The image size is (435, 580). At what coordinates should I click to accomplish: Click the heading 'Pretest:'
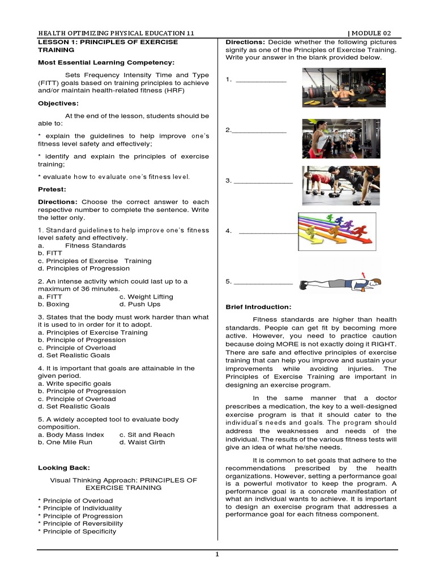pyautogui.click(x=52, y=189)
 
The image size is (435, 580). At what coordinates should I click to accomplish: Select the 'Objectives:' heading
pyautogui.click(x=58, y=103)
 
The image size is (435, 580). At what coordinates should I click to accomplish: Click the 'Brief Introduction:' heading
pyautogui.click(x=258, y=307)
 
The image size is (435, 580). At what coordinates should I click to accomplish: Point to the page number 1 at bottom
pyautogui.click(x=217, y=555)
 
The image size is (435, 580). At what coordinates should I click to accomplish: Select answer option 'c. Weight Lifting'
pyautogui.click(x=146, y=296)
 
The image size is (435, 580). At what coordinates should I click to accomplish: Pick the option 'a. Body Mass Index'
pyautogui.click(x=71, y=434)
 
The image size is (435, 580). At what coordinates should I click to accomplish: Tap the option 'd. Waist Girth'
pyautogui.click(x=142, y=442)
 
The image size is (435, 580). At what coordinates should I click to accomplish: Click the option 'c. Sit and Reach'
pyautogui.click(x=147, y=434)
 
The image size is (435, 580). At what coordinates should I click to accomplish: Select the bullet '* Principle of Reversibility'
pyautogui.click(x=80, y=523)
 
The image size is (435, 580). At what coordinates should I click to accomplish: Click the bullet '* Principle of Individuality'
pyautogui.click(x=80, y=508)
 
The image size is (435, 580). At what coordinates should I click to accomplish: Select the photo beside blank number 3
pyautogui.click(x=340, y=185)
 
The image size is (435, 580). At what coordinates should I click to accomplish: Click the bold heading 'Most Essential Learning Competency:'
pyautogui.click(x=106, y=62)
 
